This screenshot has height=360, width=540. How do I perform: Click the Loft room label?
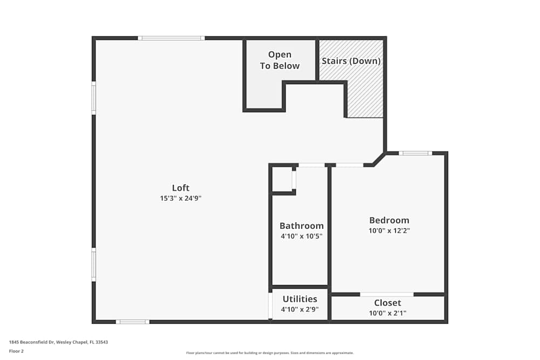[x=180, y=188]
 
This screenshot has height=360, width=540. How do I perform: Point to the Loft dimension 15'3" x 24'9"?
[x=180, y=198]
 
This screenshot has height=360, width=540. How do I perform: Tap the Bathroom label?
[x=301, y=226]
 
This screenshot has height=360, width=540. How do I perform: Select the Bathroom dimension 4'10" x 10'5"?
[x=301, y=236]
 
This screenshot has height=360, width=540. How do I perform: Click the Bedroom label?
[x=389, y=220]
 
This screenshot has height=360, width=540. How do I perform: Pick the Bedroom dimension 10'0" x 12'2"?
[x=389, y=230]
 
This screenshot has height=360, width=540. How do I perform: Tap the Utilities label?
[x=299, y=299]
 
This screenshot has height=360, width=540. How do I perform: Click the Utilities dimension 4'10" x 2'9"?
[x=299, y=309]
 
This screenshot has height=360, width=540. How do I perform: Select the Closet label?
[x=387, y=303]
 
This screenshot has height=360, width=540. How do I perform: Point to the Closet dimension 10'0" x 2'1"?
[x=387, y=313]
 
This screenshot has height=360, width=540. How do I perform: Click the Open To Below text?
[x=280, y=60]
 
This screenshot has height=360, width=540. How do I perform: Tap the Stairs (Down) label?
[x=351, y=61]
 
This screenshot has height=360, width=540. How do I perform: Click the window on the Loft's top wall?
[x=171, y=38]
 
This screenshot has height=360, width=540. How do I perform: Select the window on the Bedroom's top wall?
[x=415, y=153]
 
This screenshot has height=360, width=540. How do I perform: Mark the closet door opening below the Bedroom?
[x=387, y=294]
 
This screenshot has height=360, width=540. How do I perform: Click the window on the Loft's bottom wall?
[x=132, y=322]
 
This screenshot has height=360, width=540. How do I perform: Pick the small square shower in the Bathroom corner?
[x=282, y=179]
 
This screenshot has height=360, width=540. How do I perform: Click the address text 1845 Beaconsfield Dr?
[x=54, y=342]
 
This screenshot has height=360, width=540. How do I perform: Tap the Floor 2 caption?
[x=16, y=351]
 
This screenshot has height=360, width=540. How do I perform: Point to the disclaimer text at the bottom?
[x=270, y=353]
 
